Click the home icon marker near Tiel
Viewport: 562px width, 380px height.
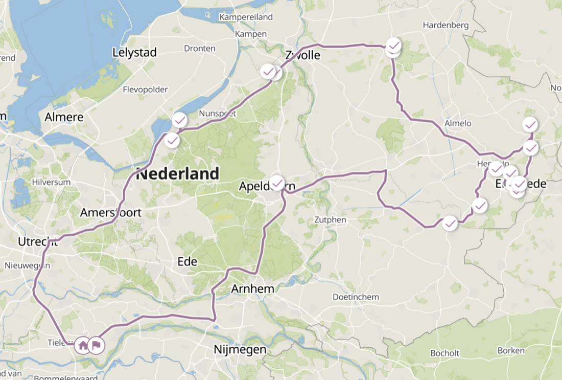coord(83,345)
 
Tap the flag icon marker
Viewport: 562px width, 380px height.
coord(96,345)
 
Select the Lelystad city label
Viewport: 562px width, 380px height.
coord(134,53)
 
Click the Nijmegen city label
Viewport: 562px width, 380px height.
coord(240,350)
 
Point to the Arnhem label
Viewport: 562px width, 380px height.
coord(252,289)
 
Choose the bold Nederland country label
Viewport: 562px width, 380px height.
coord(177,174)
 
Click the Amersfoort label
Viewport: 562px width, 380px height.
coord(110,213)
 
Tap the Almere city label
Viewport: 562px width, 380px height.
coord(64,117)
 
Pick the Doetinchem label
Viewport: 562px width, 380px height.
coord(356,297)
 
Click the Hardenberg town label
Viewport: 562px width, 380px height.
coord(442,25)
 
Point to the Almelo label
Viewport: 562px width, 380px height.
coord(458,123)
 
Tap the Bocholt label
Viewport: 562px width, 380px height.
coord(445,353)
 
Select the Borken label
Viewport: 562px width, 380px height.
coord(510,350)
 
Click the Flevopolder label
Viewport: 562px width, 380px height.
coord(145,90)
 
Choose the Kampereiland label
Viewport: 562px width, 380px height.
coord(247,17)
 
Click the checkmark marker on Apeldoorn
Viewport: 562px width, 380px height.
coord(277,183)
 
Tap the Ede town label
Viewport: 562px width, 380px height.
coord(187,262)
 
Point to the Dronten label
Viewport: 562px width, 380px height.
coord(200,49)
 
